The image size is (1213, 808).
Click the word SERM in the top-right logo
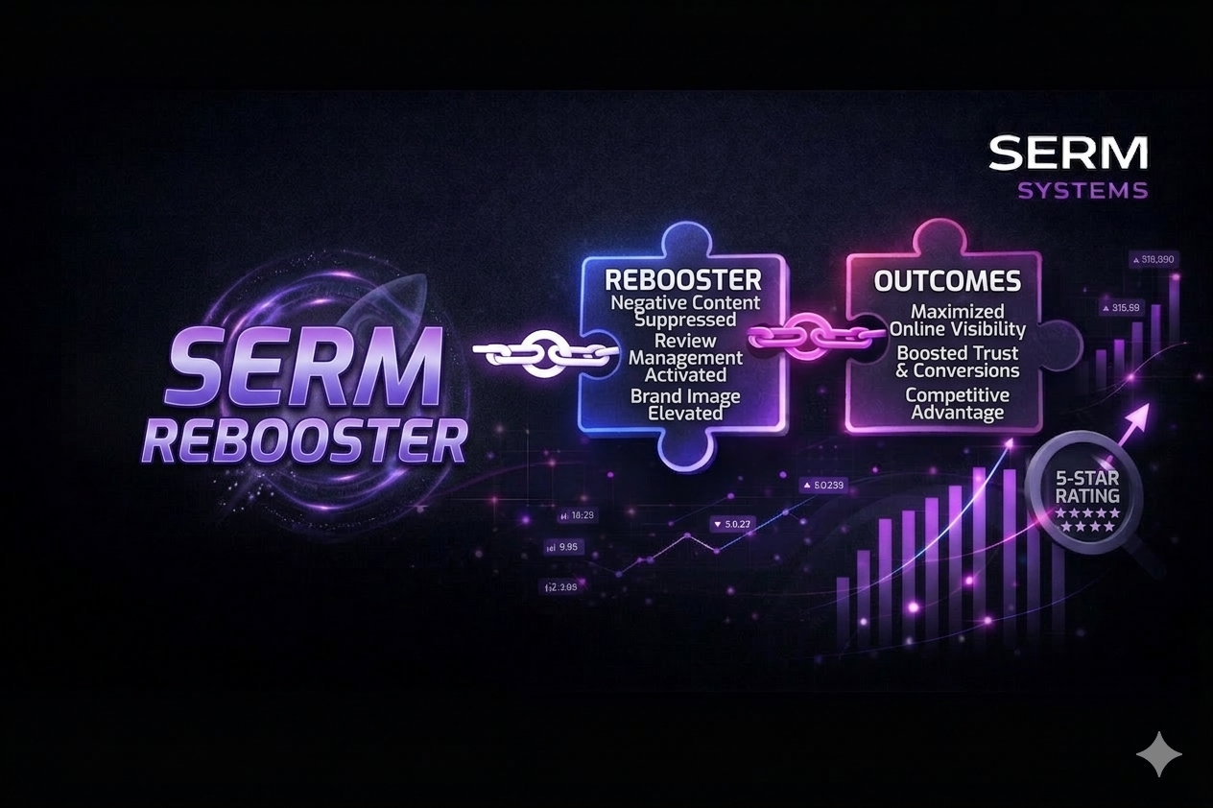[x=1067, y=154]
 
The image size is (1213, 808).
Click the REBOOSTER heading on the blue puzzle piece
[x=683, y=279]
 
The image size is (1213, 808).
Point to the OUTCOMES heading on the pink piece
[x=947, y=281]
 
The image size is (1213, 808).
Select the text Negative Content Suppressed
[x=685, y=311]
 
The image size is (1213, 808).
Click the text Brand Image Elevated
[x=685, y=404]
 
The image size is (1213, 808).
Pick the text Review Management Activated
[x=685, y=357]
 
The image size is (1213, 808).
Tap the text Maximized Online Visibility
[x=957, y=321]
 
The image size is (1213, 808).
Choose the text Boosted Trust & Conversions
[x=958, y=361]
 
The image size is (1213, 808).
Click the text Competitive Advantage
[x=957, y=403]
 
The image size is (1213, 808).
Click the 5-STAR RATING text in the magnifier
[x=1086, y=487]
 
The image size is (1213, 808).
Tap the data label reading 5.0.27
[x=733, y=524]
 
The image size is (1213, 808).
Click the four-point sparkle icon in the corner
[x=1159, y=753]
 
